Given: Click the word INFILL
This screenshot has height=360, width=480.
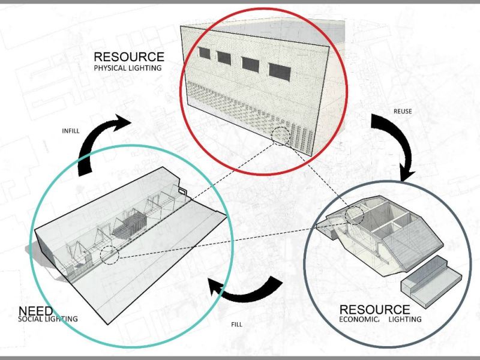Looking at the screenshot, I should pyautogui.click(x=71, y=130).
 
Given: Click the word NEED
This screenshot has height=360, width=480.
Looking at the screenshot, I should pyautogui.click(x=35, y=311).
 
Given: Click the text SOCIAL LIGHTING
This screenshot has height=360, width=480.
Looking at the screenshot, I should pyautogui.click(x=48, y=319).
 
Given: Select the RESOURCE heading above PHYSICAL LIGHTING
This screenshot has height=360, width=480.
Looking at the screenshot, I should pyautogui.click(x=128, y=57).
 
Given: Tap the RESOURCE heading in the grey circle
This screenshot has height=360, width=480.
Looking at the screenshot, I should pyautogui.click(x=375, y=310).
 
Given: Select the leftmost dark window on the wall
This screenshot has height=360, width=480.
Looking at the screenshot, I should pyautogui.click(x=205, y=54).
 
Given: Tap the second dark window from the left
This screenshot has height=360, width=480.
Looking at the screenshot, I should pyautogui.click(x=224, y=58).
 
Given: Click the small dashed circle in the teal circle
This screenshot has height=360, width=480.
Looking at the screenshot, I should pyautogui.click(x=109, y=256).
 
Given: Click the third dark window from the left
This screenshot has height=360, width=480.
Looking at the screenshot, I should pyautogui.click(x=250, y=63).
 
